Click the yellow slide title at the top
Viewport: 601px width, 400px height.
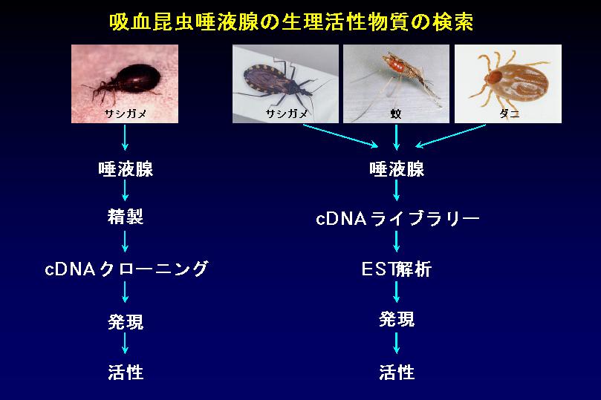291,22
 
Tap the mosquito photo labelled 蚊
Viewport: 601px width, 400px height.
396,84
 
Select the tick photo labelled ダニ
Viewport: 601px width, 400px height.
508,84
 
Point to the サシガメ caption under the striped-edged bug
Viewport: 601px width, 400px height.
287,114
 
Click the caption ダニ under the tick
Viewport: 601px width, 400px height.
510,114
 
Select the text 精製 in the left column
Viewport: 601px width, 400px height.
126,217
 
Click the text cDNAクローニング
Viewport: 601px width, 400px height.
126,269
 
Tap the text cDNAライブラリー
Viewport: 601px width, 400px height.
397,219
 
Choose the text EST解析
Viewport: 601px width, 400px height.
397,269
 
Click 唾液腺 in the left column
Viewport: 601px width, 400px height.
126,168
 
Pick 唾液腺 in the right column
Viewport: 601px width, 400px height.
397,168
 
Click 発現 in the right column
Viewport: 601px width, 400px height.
397,319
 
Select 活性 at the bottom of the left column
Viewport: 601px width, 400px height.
126,372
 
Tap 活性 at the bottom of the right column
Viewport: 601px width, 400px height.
397,372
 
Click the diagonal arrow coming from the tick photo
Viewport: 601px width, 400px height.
451,136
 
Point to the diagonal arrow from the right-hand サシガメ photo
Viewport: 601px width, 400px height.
340,136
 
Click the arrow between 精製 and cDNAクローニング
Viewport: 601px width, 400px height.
125,241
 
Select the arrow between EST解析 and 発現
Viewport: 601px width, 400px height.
396,292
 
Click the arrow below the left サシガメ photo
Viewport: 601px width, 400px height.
125,138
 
